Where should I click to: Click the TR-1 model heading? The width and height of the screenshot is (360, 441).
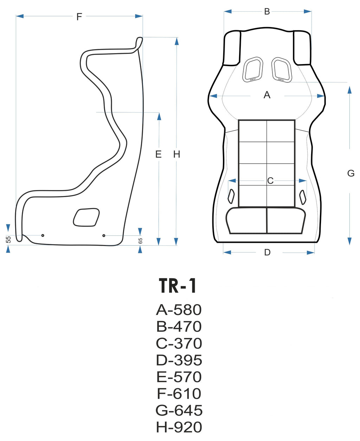tap(178, 286)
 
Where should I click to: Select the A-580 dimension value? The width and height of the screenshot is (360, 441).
tap(179, 310)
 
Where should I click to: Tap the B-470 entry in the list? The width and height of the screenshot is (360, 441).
tap(179, 327)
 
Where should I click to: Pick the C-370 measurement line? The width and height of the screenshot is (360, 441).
tap(179, 344)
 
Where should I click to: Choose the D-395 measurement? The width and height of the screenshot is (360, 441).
tap(179, 360)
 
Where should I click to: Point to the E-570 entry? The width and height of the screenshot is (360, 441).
tap(179, 377)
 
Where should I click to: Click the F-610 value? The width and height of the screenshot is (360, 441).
tap(179, 393)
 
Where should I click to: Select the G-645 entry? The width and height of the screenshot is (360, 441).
tap(179, 410)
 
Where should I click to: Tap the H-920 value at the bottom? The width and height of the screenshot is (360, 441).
tap(179, 427)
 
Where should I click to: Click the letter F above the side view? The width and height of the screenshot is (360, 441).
tap(79, 17)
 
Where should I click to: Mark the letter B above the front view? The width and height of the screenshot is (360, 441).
tap(267, 12)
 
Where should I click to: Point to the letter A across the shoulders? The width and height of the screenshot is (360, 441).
tap(267, 95)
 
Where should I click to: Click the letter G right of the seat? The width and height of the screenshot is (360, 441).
tap(351, 173)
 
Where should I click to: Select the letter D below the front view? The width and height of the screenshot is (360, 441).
tap(267, 252)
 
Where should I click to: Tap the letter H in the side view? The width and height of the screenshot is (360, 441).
tap(176, 154)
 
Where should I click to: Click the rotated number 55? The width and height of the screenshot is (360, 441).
tap(9, 239)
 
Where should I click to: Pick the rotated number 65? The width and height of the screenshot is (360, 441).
tap(140, 241)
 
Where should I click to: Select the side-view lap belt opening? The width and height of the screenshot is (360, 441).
tap(86, 217)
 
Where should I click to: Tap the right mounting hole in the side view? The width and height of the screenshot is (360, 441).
tap(104, 235)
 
